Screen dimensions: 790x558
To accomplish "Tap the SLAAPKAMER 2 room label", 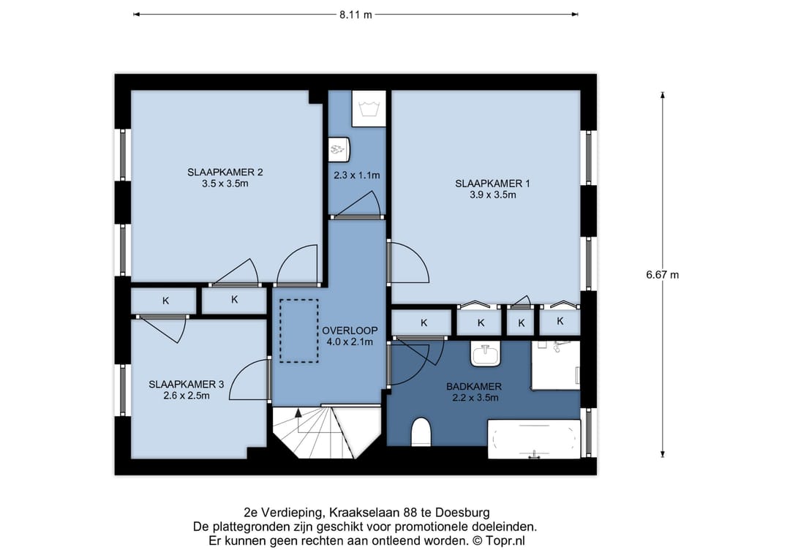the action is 225,173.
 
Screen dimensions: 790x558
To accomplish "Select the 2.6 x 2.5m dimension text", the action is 187,396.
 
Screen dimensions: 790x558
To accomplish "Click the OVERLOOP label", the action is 350,331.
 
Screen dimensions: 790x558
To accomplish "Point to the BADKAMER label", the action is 473,387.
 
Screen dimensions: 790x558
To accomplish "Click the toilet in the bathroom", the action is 421,431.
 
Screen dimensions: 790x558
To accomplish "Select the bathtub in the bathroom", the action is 534,439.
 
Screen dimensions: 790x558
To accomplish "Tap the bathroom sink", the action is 486,353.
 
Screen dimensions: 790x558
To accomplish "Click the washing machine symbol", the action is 369,109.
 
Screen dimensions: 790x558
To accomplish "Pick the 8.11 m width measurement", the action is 355,15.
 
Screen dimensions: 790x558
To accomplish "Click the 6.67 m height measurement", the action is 662,275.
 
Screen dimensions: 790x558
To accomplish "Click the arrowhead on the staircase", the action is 298,413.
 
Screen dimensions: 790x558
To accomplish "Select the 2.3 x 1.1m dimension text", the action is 357,176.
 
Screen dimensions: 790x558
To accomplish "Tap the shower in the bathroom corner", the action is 556,365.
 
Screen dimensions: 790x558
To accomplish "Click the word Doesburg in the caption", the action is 462,513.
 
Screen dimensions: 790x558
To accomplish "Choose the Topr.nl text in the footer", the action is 505,541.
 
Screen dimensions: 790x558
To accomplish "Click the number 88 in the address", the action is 410,513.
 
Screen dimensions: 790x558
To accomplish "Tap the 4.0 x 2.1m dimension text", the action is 350,342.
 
